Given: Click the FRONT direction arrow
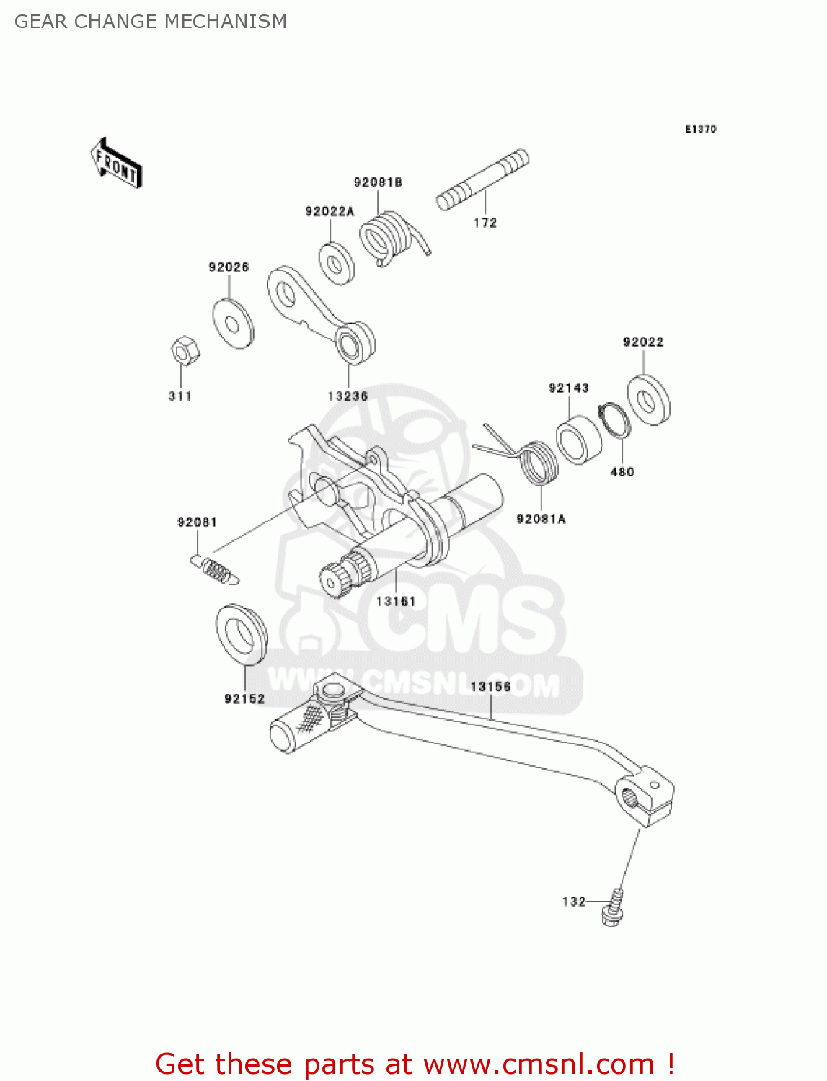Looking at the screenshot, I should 115,164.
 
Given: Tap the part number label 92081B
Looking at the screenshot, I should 378,182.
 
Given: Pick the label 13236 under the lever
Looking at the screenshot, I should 348,396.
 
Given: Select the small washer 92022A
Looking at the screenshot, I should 337,264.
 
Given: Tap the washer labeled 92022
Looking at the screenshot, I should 648,399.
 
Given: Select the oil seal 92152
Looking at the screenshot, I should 242,634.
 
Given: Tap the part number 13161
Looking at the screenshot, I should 396,601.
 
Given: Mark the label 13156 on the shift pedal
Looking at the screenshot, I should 490,687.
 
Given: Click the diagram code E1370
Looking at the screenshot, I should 700,129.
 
